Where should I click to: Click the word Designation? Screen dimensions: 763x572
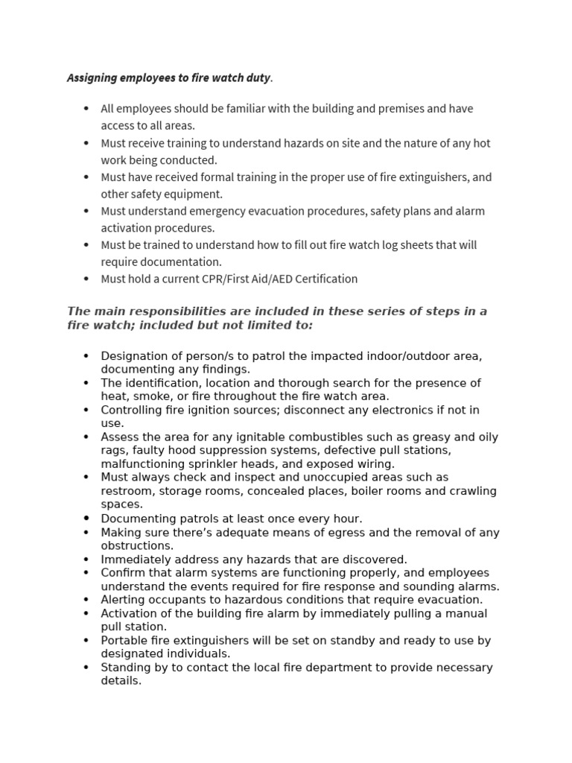(134, 356)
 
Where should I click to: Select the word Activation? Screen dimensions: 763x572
(130, 613)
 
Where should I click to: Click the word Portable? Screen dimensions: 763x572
(125, 640)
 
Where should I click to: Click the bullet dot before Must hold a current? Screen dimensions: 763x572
(87, 279)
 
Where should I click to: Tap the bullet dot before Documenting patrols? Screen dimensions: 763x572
(87, 519)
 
